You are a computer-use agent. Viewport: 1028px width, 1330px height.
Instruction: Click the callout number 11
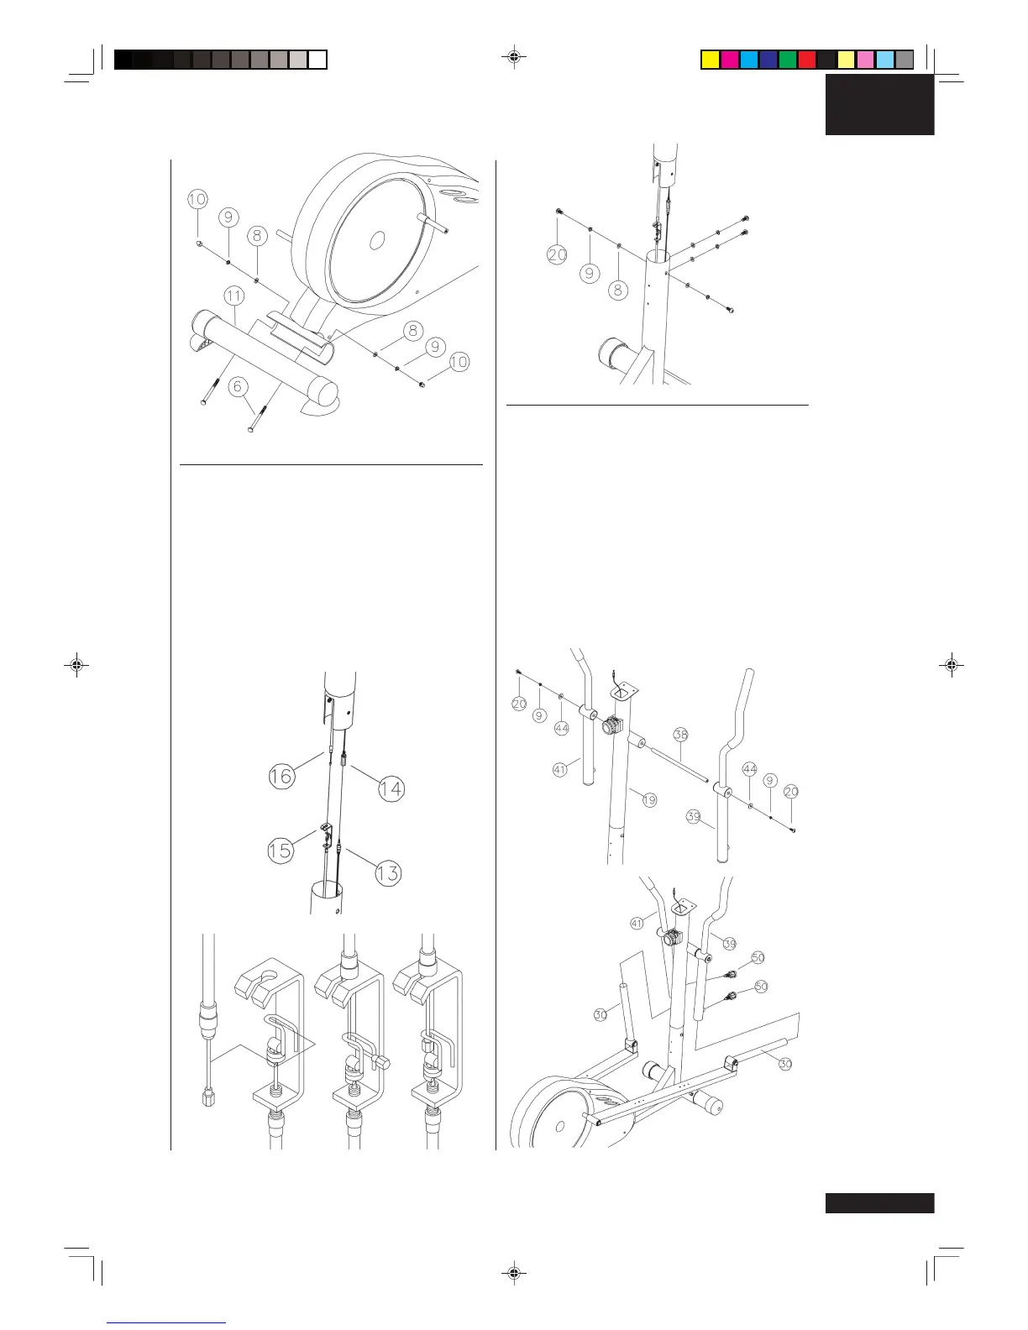pyautogui.click(x=233, y=296)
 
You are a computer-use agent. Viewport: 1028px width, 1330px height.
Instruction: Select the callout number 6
pyautogui.click(x=239, y=386)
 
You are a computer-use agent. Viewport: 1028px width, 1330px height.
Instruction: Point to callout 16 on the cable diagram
pyautogui.click(x=281, y=776)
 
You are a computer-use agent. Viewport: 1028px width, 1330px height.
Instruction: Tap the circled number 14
pyautogui.click(x=391, y=788)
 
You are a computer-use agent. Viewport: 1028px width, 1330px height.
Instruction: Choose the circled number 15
pyautogui.click(x=280, y=850)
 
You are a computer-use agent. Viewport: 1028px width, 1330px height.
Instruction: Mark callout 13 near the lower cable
pyautogui.click(x=388, y=873)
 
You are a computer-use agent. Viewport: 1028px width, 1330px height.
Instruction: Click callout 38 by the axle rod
pyautogui.click(x=680, y=735)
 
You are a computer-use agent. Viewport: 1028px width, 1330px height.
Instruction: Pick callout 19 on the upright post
pyautogui.click(x=649, y=800)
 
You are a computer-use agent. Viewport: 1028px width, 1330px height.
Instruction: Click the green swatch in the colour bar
pyautogui.click(x=787, y=60)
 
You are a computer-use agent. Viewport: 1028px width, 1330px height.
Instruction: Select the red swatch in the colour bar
pyautogui.click(x=807, y=60)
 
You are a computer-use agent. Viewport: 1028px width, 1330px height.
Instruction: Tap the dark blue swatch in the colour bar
pyautogui.click(x=768, y=60)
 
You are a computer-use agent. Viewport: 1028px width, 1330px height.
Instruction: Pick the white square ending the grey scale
pyautogui.click(x=317, y=60)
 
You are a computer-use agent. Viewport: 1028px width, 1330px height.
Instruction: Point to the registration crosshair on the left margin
pyautogui.click(x=76, y=665)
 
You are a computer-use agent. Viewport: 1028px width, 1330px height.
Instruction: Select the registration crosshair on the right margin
pyautogui.click(x=951, y=665)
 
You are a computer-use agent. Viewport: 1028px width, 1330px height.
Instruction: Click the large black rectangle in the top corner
pyautogui.click(x=879, y=104)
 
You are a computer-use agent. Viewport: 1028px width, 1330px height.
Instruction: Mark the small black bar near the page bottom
pyautogui.click(x=879, y=1203)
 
